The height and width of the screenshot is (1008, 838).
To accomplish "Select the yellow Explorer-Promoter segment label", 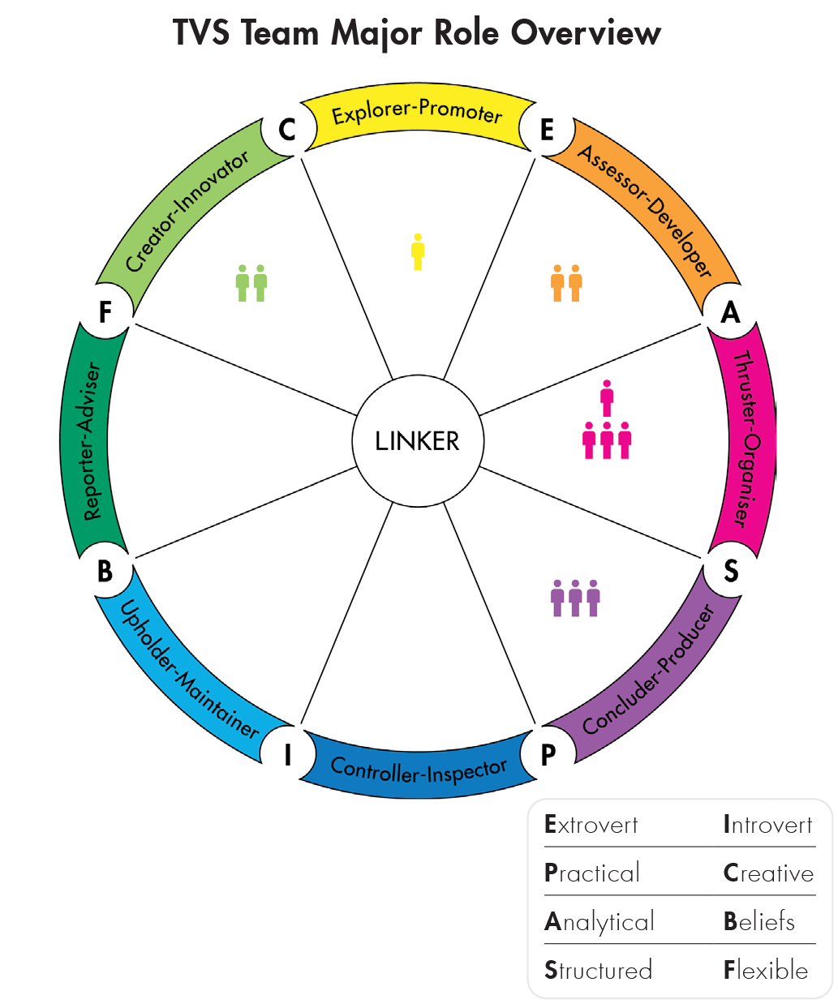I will [417, 114].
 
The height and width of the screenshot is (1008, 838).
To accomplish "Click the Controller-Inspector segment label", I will [419, 770].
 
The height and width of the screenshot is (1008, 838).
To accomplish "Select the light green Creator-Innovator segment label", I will [187, 212].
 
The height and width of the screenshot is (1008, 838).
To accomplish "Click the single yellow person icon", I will [418, 251].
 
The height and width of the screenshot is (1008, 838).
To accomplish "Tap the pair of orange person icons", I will [566, 283].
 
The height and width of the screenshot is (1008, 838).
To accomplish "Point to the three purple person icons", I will [575, 598].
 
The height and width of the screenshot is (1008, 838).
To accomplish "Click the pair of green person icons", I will [251, 283].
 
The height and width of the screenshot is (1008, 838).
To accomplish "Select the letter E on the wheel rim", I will [547, 130].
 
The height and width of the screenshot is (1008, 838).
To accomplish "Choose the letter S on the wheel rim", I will [731, 572].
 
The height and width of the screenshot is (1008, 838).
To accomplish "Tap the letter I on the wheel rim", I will [287, 754].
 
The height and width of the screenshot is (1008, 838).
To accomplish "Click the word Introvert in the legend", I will [767, 825].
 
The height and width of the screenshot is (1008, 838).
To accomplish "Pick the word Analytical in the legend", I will [599, 922].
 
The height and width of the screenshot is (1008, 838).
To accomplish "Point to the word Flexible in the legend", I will [766, 970].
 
